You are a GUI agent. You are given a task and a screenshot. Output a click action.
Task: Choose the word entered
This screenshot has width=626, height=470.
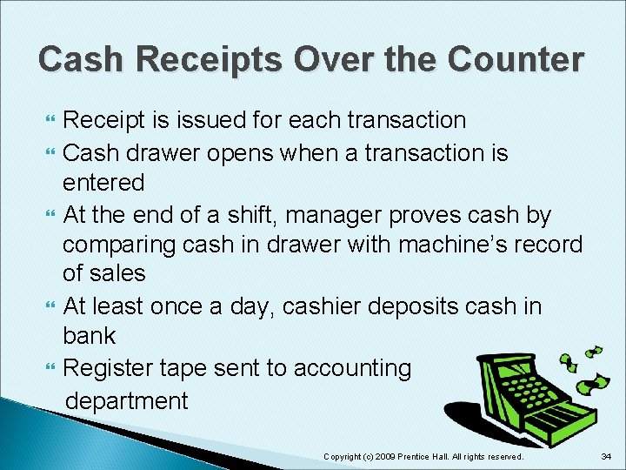pyautogui.click(x=103, y=183)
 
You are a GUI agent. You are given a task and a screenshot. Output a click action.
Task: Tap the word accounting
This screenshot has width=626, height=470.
pyautogui.click(x=353, y=368)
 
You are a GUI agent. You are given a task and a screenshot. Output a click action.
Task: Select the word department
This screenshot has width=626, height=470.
pyautogui.click(x=127, y=400)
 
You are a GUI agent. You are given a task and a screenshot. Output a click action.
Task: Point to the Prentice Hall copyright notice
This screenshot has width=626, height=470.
pyautogui.click(x=423, y=456)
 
